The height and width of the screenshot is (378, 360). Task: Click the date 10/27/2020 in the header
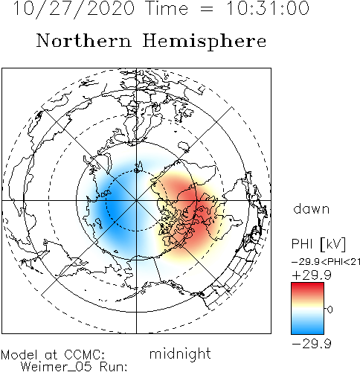(x=74, y=9)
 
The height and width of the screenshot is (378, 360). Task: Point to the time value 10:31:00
(x=268, y=8)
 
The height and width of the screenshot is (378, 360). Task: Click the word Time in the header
(x=167, y=8)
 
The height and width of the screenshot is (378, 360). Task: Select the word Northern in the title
(x=84, y=40)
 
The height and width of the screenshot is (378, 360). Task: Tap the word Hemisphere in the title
(x=205, y=41)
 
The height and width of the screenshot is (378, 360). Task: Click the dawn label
(x=312, y=209)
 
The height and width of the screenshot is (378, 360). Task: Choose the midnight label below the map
(x=180, y=354)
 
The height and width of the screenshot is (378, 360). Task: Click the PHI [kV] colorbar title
(x=318, y=244)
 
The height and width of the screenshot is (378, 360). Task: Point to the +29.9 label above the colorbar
(x=312, y=275)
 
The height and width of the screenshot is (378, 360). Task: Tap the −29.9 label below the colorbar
(x=312, y=344)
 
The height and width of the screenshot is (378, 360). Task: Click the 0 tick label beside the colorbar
(x=330, y=310)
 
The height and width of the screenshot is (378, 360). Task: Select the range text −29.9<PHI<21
(x=326, y=262)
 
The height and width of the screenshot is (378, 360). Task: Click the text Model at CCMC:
(x=53, y=355)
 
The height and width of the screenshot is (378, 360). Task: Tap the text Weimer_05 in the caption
(x=57, y=367)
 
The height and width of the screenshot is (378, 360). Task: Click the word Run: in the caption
(x=113, y=367)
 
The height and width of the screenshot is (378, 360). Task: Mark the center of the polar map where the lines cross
(x=136, y=200)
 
